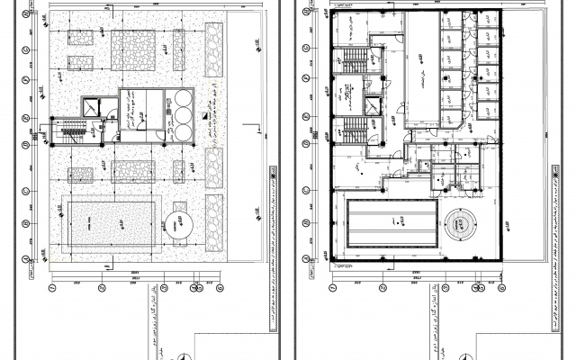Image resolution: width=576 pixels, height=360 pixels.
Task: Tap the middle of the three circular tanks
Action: [184, 114]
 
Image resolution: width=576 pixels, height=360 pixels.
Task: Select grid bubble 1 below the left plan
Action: [53, 288]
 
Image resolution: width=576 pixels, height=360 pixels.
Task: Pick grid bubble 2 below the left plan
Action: [102, 288]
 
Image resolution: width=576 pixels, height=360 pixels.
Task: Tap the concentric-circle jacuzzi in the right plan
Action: [463, 223]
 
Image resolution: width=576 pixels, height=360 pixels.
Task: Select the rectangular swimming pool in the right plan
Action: [391, 223]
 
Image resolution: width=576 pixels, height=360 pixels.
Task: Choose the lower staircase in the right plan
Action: [352, 128]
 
